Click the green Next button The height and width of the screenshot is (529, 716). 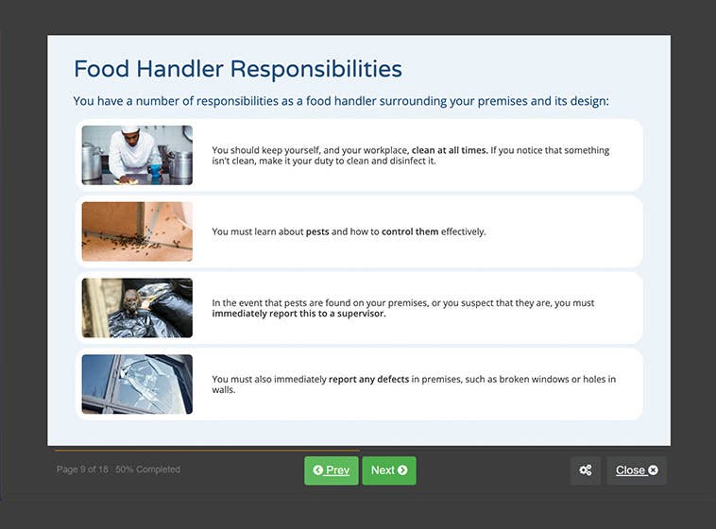(388, 470)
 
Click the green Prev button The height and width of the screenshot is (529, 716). (331, 470)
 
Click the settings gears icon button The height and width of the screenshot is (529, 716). (585, 470)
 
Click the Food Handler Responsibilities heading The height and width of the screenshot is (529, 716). (237, 69)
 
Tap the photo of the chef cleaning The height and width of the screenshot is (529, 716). (137, 155)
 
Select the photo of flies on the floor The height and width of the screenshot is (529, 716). (137, 231)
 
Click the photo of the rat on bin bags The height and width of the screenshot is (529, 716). (137, 308)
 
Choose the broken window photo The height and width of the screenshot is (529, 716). (137, 384)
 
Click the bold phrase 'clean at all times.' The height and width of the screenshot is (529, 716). (450, 150)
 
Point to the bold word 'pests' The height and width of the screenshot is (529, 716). (317, 231)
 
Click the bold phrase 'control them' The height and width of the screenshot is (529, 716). (410, 231)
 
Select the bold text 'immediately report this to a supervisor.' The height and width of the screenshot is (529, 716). (298, 314)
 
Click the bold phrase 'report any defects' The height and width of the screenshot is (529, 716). (368, 380)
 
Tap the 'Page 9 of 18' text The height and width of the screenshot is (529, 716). (82, 469)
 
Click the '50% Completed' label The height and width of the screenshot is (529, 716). (147, 469)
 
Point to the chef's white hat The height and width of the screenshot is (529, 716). (129, 129)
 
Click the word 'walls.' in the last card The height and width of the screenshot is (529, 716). (224, 390)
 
